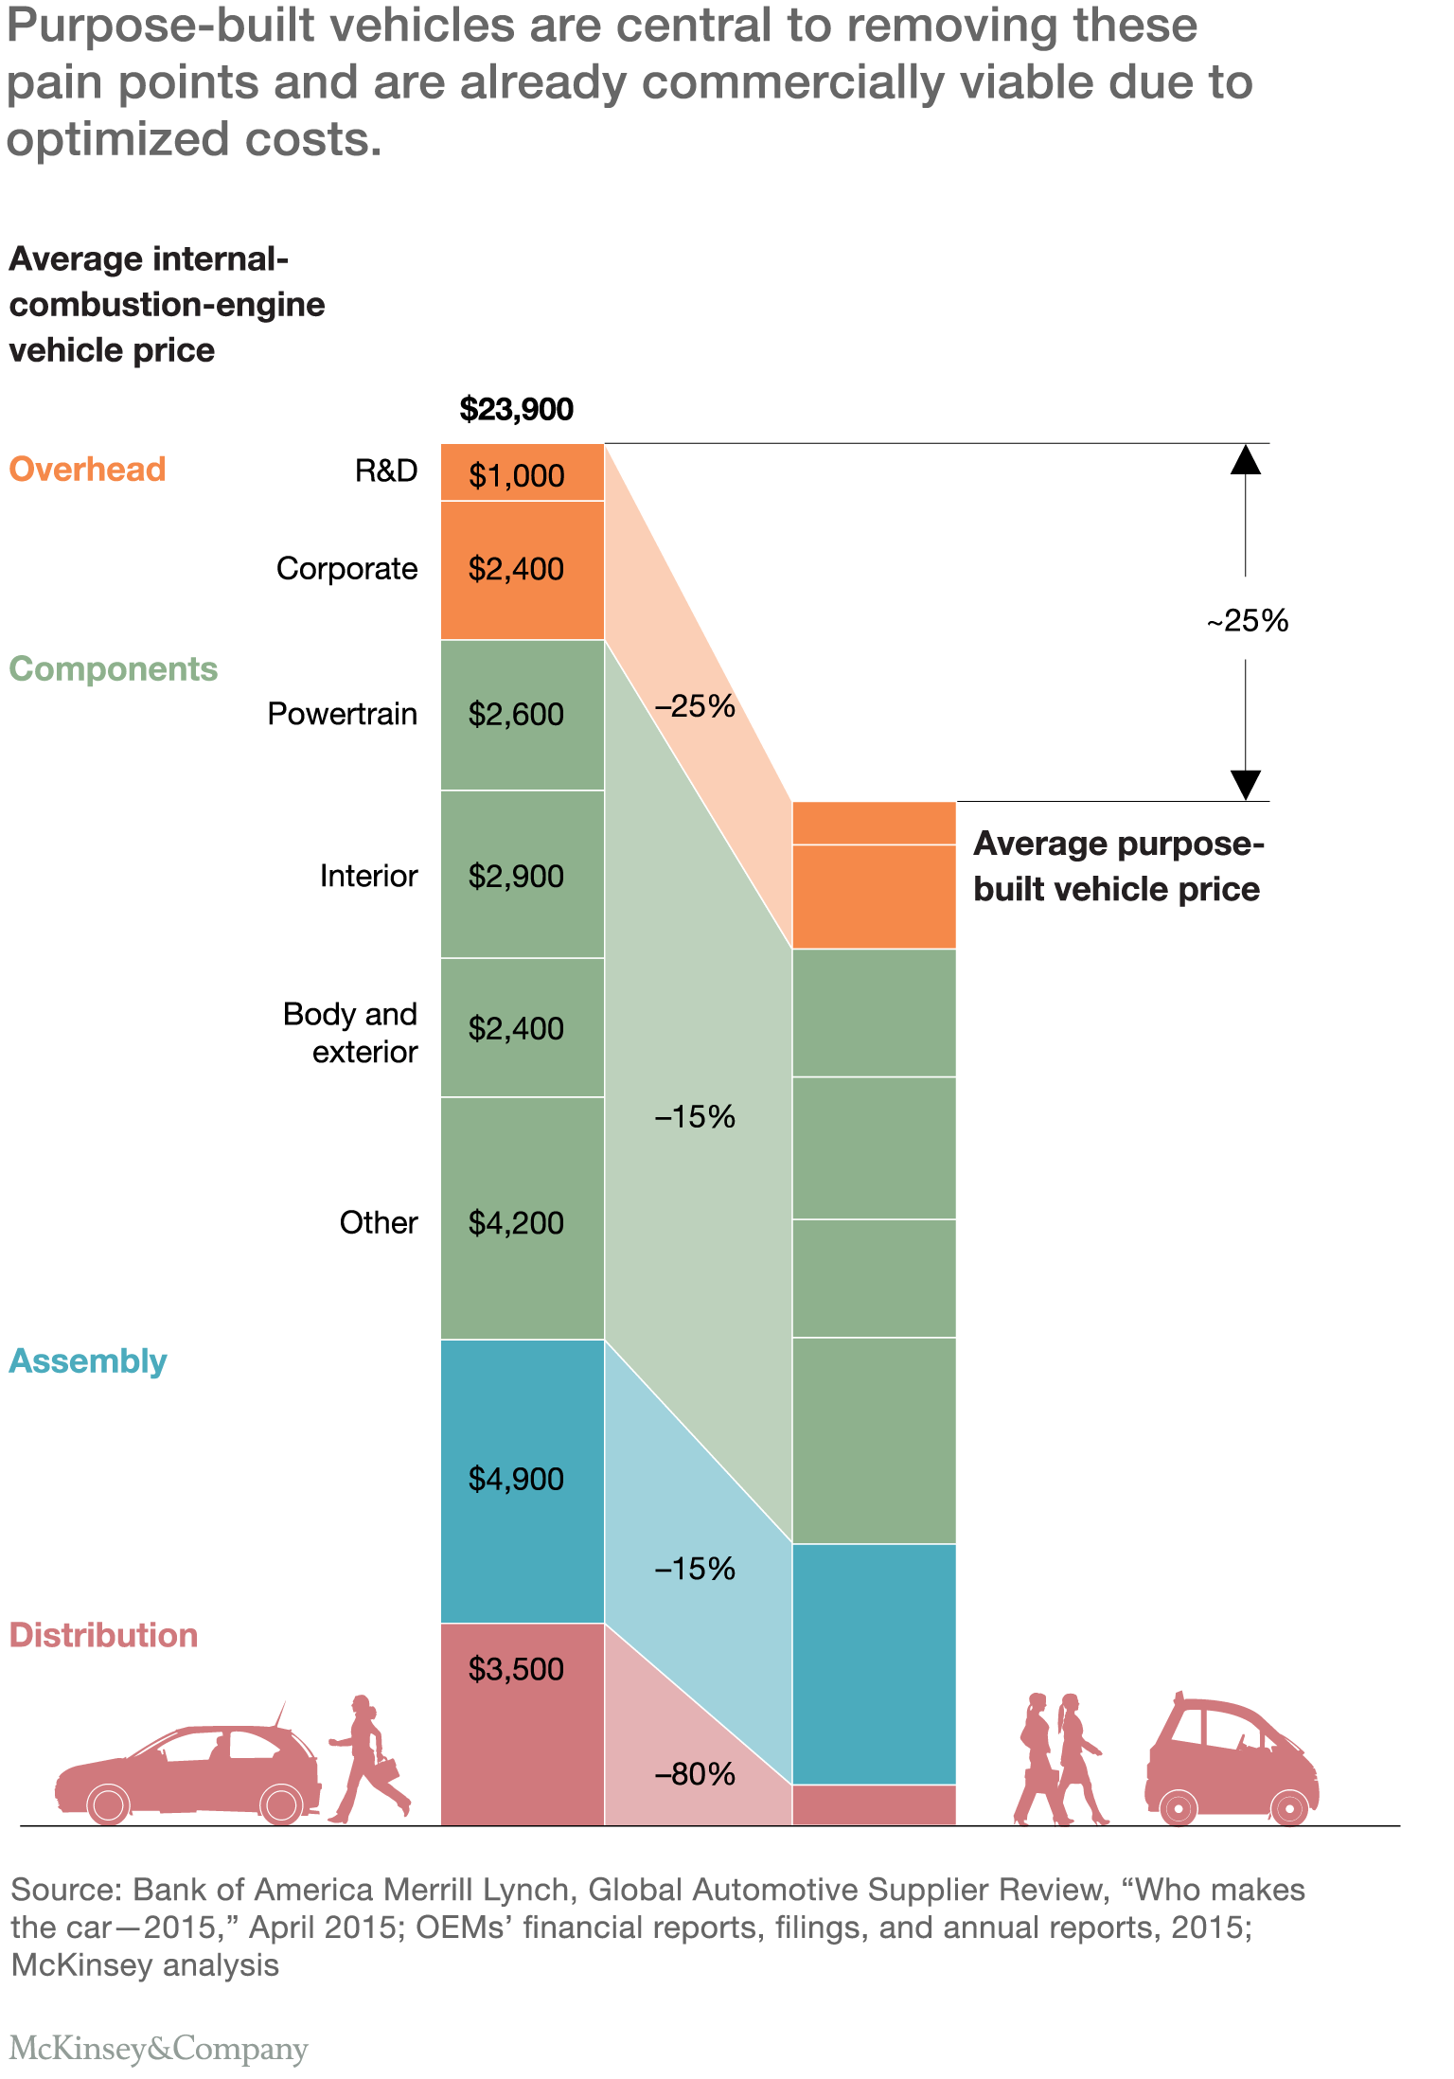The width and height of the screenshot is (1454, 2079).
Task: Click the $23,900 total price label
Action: coord(516,409)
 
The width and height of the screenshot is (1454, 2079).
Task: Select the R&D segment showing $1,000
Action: coord(522,472)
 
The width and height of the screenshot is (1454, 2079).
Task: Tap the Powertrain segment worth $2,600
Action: coord(522,715)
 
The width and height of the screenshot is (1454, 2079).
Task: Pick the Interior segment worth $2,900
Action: coord(522,875)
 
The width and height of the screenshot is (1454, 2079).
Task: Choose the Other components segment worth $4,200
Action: coord(522,1221)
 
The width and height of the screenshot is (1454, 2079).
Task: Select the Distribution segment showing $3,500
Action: coord(522,1723)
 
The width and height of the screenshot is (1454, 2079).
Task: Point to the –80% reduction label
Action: coord(695,1774)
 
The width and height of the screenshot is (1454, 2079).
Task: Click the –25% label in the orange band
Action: coord(695,706)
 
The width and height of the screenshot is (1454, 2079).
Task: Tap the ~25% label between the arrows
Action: coord(1247,621)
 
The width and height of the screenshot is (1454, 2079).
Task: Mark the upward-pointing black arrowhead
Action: coord(1246,459)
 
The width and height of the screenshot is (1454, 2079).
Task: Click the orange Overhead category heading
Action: coord(87,470)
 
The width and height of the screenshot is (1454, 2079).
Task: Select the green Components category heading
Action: coord(113,669)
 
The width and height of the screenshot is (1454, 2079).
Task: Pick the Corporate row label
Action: coord(346,569)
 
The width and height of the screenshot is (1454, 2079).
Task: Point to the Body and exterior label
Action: coord(350,1033)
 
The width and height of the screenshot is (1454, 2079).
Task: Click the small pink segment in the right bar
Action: coord(873,1804)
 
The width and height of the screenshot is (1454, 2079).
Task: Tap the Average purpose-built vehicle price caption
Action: coord(1118,866)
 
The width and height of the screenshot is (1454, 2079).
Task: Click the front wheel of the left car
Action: coord(108,1804)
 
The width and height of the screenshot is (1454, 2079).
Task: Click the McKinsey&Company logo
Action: coord(159,2050)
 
